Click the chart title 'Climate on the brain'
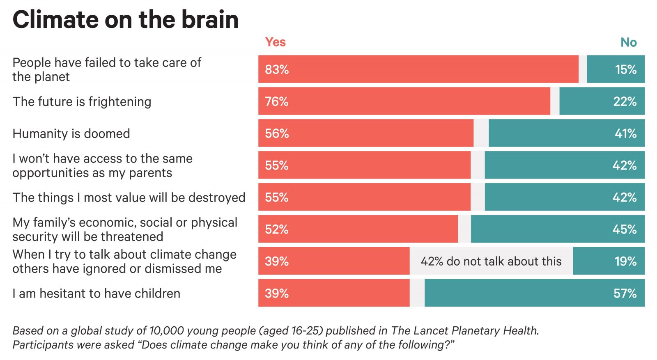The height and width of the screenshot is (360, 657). coord(125,20)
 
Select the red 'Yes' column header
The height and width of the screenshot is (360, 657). coord(275,42)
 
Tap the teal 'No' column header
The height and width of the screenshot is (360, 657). coord(628,42)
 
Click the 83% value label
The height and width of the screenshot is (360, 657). coord(277,69)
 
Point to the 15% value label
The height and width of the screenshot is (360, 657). coord(625,69)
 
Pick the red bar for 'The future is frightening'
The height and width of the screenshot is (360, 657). coord(404,101)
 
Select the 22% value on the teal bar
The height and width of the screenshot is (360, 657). coord(625,101)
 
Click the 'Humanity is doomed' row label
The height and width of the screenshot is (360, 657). coord(71,133)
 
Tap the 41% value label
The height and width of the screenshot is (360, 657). coord(625,133)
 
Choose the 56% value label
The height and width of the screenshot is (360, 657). coord(277,133)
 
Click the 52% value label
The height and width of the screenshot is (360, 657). coord(276,229)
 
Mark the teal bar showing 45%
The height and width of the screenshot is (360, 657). coord(557,229)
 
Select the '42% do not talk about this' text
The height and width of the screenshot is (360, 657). coord(491,261)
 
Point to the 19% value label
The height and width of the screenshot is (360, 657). coord(625,261)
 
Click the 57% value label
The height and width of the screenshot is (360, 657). coord(625,293)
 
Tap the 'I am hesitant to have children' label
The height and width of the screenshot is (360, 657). coord(96,293)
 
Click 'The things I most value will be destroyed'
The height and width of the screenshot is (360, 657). coord(129,197)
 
